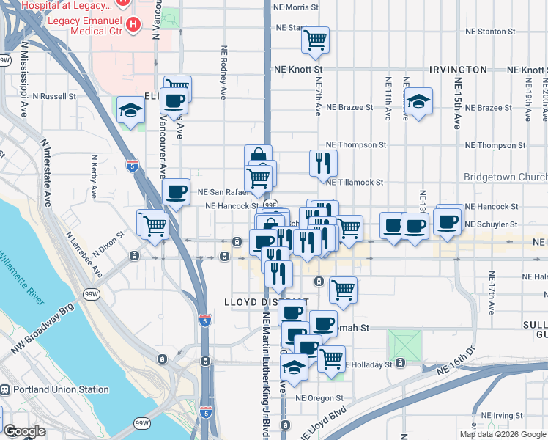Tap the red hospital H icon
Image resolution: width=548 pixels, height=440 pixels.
pyautogui.click(x=133, y=24)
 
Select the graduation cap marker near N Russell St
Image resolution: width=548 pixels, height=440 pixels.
pyautogui.click(x=130, y=111)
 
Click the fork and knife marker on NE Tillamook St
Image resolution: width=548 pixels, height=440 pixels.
pyautogui.click(x=323, y=163)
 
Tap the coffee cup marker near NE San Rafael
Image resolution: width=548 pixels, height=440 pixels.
pyautogui.click(x=176, y=192)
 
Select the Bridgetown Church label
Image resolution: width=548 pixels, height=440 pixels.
pyautogui.click(x=506, y=177)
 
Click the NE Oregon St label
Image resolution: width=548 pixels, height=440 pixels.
pyautogui.click(x=320, y=398)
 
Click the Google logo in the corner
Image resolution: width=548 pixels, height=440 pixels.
pyautogui.click(x=24, y=431)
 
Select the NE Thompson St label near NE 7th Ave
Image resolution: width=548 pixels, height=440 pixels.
pyautogui.click(x=356, y=145)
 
